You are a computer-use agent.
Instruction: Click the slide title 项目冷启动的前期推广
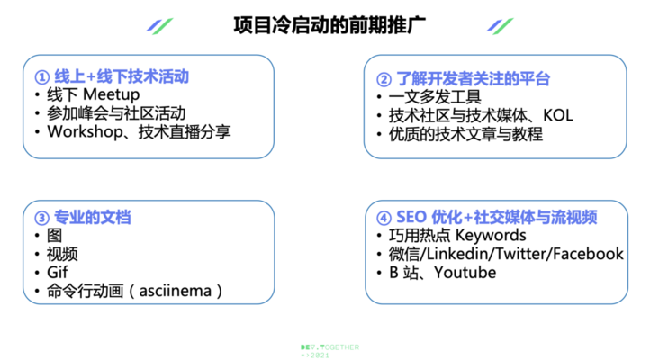[329, 25]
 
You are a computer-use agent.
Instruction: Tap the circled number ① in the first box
[42, 77]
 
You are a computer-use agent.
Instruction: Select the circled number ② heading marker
[384, 79]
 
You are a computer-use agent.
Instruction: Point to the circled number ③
[42, 218]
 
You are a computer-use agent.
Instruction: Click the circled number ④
[384, 218]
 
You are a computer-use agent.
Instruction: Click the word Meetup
[112, 94]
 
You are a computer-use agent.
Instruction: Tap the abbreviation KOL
[557, 115]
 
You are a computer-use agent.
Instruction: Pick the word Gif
[57, 272]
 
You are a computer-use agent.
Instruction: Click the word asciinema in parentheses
[176, 291]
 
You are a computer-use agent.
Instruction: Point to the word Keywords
[491, 236]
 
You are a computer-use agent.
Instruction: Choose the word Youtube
[465, 273]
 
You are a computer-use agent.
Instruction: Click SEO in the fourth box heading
[411, 218]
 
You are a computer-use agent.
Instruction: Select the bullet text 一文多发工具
[435, 97]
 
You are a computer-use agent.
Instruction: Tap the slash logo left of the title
[159, 26]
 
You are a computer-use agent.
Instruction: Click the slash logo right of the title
[501, 26]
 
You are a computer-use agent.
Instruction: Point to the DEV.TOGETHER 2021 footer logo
[329, 351]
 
